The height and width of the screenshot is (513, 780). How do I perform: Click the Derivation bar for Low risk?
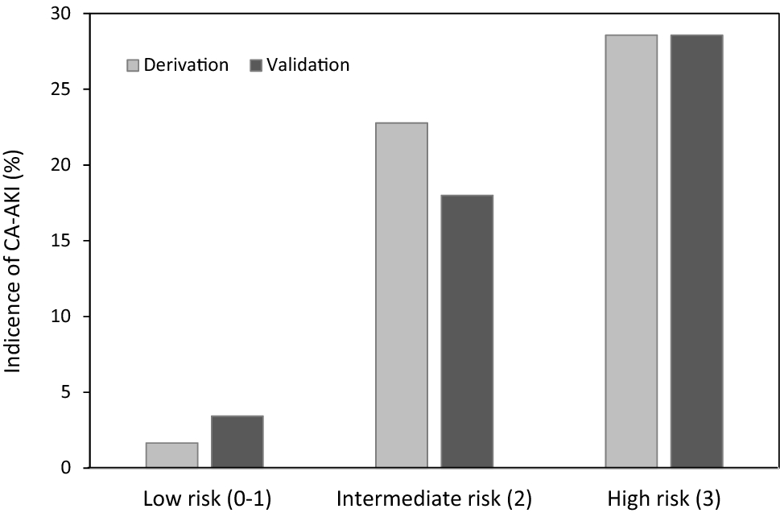point(171,455)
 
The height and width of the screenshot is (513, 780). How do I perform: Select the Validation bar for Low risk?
point(237,441)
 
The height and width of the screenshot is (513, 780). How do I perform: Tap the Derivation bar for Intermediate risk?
point(402,295)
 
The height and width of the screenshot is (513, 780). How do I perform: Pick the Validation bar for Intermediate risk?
point(467,331)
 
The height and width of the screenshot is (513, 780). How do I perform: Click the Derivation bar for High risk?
point(631,251)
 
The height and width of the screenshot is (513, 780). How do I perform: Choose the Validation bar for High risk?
point(696,251)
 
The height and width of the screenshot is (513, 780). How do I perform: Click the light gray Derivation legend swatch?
point(133,65)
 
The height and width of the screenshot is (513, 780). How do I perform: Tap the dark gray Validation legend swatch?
point(257,65)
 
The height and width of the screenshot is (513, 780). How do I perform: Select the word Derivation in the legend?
point(186,65)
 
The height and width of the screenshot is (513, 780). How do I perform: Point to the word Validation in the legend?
point(309,65)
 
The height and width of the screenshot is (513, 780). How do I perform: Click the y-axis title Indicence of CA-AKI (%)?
point(15,242)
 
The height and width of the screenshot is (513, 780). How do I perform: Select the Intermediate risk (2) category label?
point(435,498)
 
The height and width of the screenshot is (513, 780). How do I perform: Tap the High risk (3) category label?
point(664,498)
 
